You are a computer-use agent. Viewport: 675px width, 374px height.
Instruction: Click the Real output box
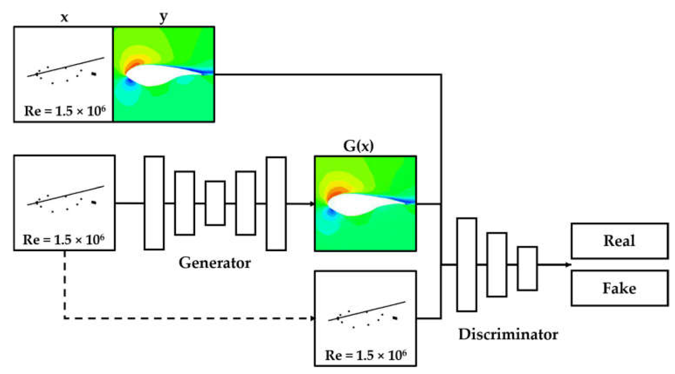(x=619, y=241)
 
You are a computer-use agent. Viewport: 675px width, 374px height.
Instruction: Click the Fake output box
(x=619, y=288)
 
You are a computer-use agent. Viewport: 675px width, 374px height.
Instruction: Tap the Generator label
(x=215, y=263)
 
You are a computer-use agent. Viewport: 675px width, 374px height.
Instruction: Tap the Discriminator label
(x=508, y=335)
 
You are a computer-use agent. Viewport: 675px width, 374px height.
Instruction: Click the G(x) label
(x=358, y=146)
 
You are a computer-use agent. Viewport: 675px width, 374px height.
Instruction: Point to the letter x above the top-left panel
(x=64, y=17)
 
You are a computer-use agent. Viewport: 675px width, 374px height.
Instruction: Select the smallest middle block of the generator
(x=215, y=203)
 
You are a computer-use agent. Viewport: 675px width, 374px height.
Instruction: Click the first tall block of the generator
(x=154, y=203)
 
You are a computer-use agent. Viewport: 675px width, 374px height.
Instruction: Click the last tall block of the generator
(x=276, y=203)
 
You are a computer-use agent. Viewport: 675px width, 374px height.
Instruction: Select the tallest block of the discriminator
(x=466, y=265)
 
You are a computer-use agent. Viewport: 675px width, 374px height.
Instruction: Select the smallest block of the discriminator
(x=527, y=268)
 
